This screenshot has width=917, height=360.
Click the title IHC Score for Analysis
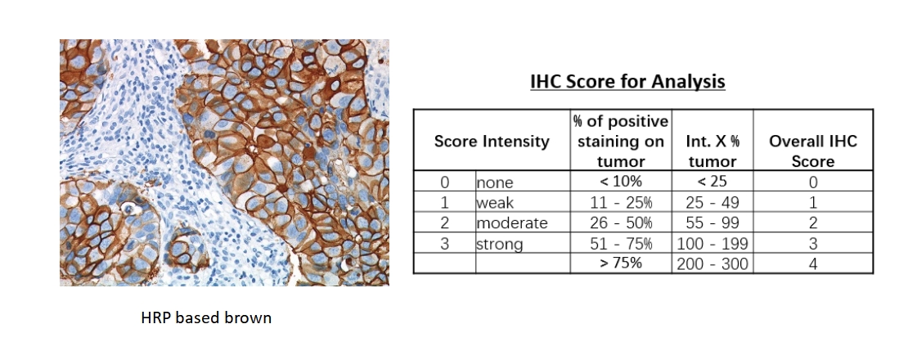627,81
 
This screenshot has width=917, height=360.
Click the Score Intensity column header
492,141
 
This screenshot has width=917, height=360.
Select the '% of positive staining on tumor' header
621,141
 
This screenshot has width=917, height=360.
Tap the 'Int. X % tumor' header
712,151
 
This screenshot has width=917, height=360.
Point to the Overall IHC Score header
813,151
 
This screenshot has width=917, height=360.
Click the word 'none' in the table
495,182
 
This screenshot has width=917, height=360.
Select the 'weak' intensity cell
495,203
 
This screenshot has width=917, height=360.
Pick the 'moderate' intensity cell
512,223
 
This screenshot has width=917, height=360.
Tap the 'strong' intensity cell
500,244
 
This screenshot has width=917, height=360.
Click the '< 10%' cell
621,182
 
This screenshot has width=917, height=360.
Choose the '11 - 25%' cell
621,203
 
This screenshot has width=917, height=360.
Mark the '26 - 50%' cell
621,223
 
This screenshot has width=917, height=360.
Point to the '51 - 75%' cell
621,243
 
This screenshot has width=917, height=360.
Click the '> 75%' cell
621,263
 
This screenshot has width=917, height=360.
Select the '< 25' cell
712,182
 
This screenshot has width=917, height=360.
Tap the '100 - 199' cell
712,244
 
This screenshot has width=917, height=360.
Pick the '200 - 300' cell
712,264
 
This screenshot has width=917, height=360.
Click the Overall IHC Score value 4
813,264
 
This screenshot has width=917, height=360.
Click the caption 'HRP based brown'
206,317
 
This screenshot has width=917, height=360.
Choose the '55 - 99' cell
712,223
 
